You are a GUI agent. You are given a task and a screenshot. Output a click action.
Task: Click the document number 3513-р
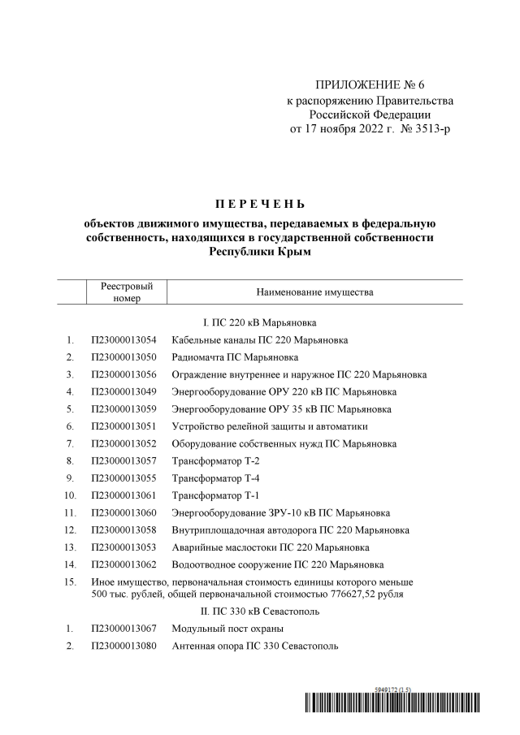pos(431,129)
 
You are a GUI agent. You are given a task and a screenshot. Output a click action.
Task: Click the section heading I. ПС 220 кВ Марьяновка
pos(260,323)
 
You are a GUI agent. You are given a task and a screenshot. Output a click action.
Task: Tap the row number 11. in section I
pos(70,512)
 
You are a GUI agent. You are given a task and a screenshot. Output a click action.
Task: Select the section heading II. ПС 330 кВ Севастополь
pos(260,611)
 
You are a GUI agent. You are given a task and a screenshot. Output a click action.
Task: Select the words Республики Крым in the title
pos(260,252)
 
